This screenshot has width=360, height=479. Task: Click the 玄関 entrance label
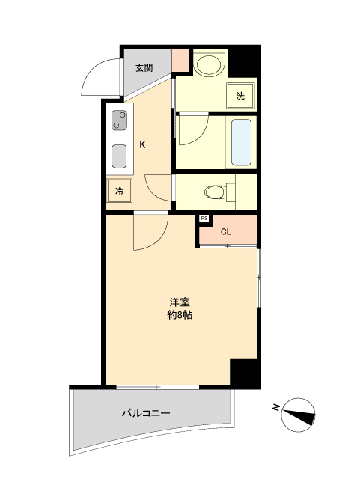point(144,68)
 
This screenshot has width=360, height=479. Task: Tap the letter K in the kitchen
point(142,144)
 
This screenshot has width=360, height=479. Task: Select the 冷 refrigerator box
point(119,191)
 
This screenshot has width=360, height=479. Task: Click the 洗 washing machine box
point(240,96)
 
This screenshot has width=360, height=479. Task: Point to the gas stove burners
point(119,120)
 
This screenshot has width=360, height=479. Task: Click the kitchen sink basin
point(119,156)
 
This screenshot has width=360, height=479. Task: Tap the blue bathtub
point(241,142)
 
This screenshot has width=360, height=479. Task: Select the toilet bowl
point(215,192)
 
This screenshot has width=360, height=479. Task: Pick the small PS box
point(204,219)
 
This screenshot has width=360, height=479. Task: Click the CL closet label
point(226,232)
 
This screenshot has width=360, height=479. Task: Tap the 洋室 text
point(180,302)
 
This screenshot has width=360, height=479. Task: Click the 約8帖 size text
point(180,315)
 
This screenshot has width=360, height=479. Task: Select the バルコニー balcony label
point(146,414)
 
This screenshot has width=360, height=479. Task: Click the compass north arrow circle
point(298,415)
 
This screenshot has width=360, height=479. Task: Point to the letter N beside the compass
point(276,407)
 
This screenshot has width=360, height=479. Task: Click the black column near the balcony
point(245,373)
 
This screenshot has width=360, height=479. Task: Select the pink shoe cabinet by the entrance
point(180,61)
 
